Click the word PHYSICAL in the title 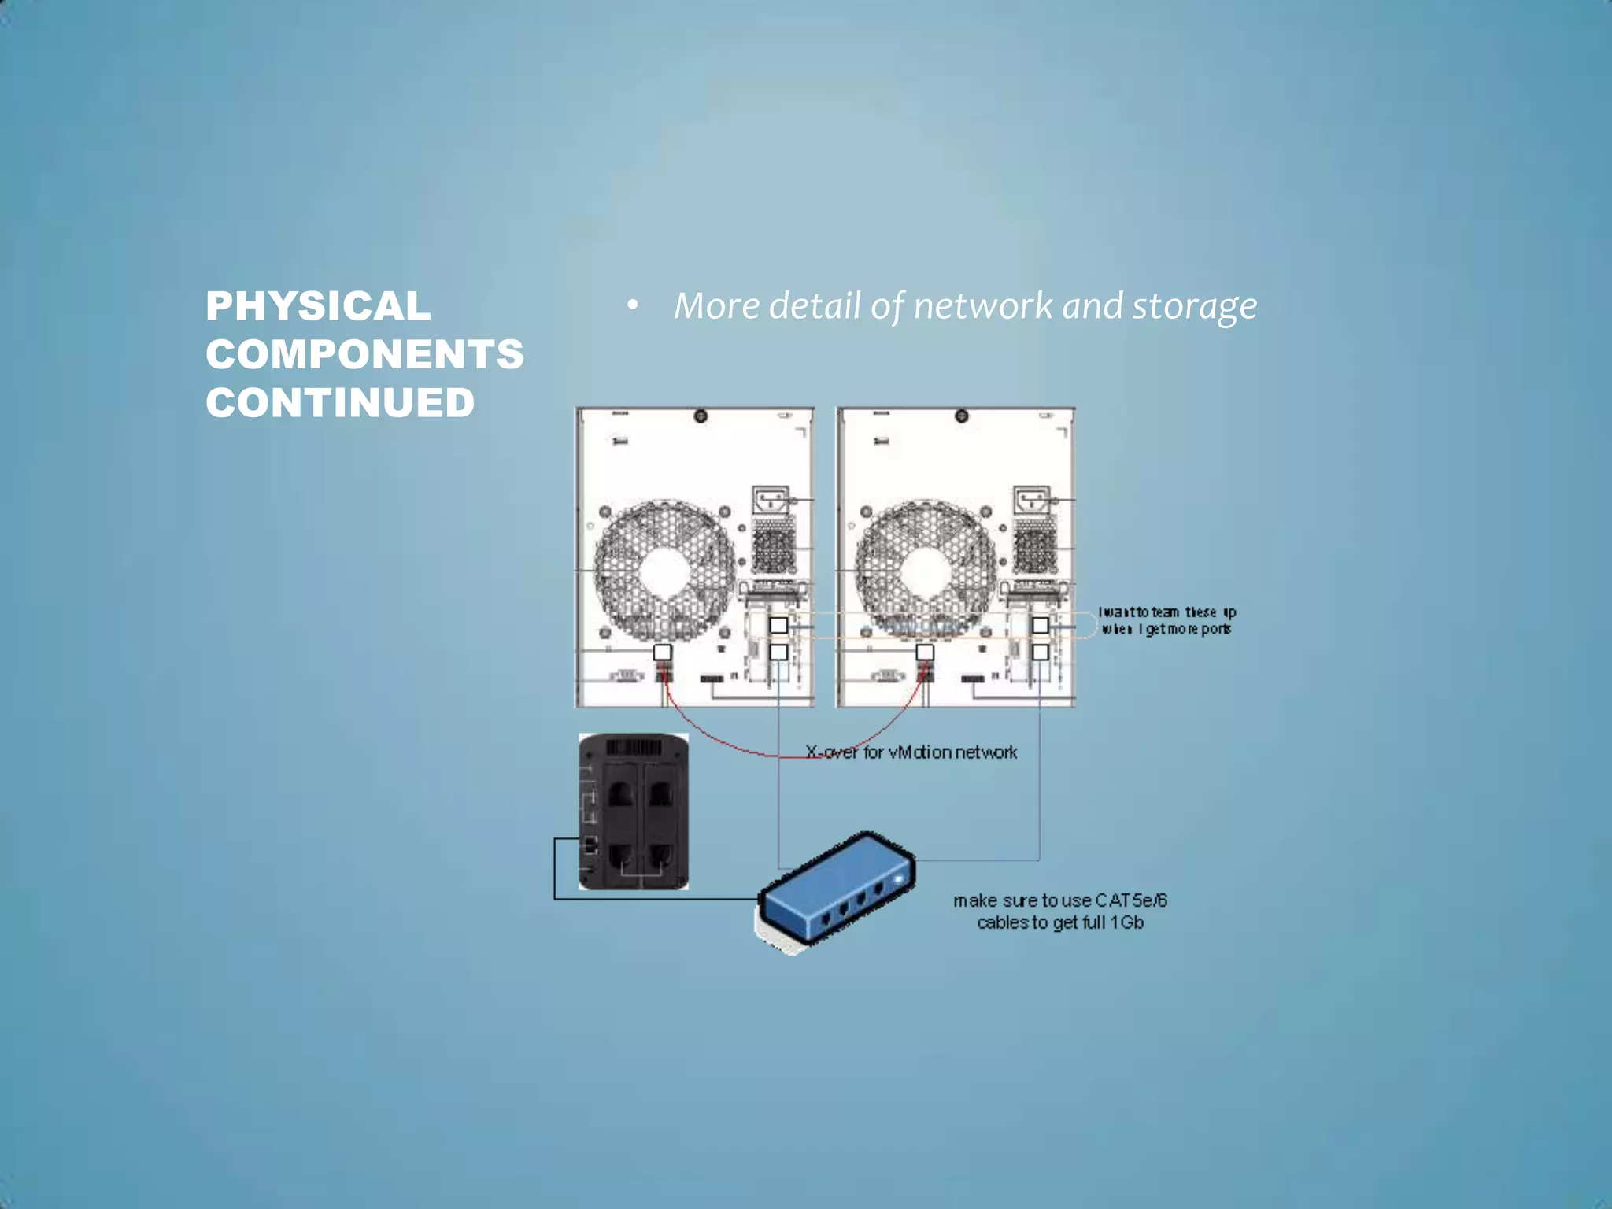pos(318,306)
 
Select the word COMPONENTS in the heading pos(364,354)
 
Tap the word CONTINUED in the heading pos(340,403)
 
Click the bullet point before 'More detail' pos(632,305)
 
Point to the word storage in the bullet pos(1194,306)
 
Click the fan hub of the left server pos(665,570)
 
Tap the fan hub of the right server pos(926,570)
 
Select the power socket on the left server pos(771,501)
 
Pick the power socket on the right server pos(1032,501)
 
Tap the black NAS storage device pos(634,812)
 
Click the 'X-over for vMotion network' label pos(911,752)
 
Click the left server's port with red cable pos(663,653)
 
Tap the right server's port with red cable pos(925,653)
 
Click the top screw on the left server pos(701,416)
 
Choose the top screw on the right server pos(961,416)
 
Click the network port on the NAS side pos(590,847)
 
